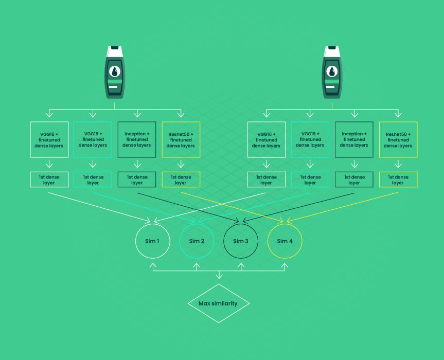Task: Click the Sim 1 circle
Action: (x=152, y=241)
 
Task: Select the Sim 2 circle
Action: (x=197, y=241)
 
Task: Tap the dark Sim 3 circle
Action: (x=240, y=241)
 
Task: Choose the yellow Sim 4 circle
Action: (x=285, y=241)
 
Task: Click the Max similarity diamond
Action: (x=218, y=303)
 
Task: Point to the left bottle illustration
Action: (x=115, y=72)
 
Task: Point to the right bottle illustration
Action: (x=332, y=72)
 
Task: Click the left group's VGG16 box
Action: (x=49, y=139)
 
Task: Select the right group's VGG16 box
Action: (x=266, y=139)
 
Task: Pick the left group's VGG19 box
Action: (x=93, y=139)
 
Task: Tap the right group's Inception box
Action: (x=354, y=139)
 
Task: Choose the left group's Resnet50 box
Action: (x=181, y=139)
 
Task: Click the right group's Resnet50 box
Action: (x=398, y=139)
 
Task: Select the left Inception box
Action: (x=137, y=139)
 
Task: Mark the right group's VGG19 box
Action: (x=310, y=139)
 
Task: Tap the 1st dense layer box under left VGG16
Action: (x=49, y=179)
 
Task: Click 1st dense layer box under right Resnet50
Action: (x=398, y=179)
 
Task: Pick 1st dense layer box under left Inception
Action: (x=137, y=179)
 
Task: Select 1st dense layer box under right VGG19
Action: (x=310, y=179)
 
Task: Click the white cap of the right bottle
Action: (x=332, y=50)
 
